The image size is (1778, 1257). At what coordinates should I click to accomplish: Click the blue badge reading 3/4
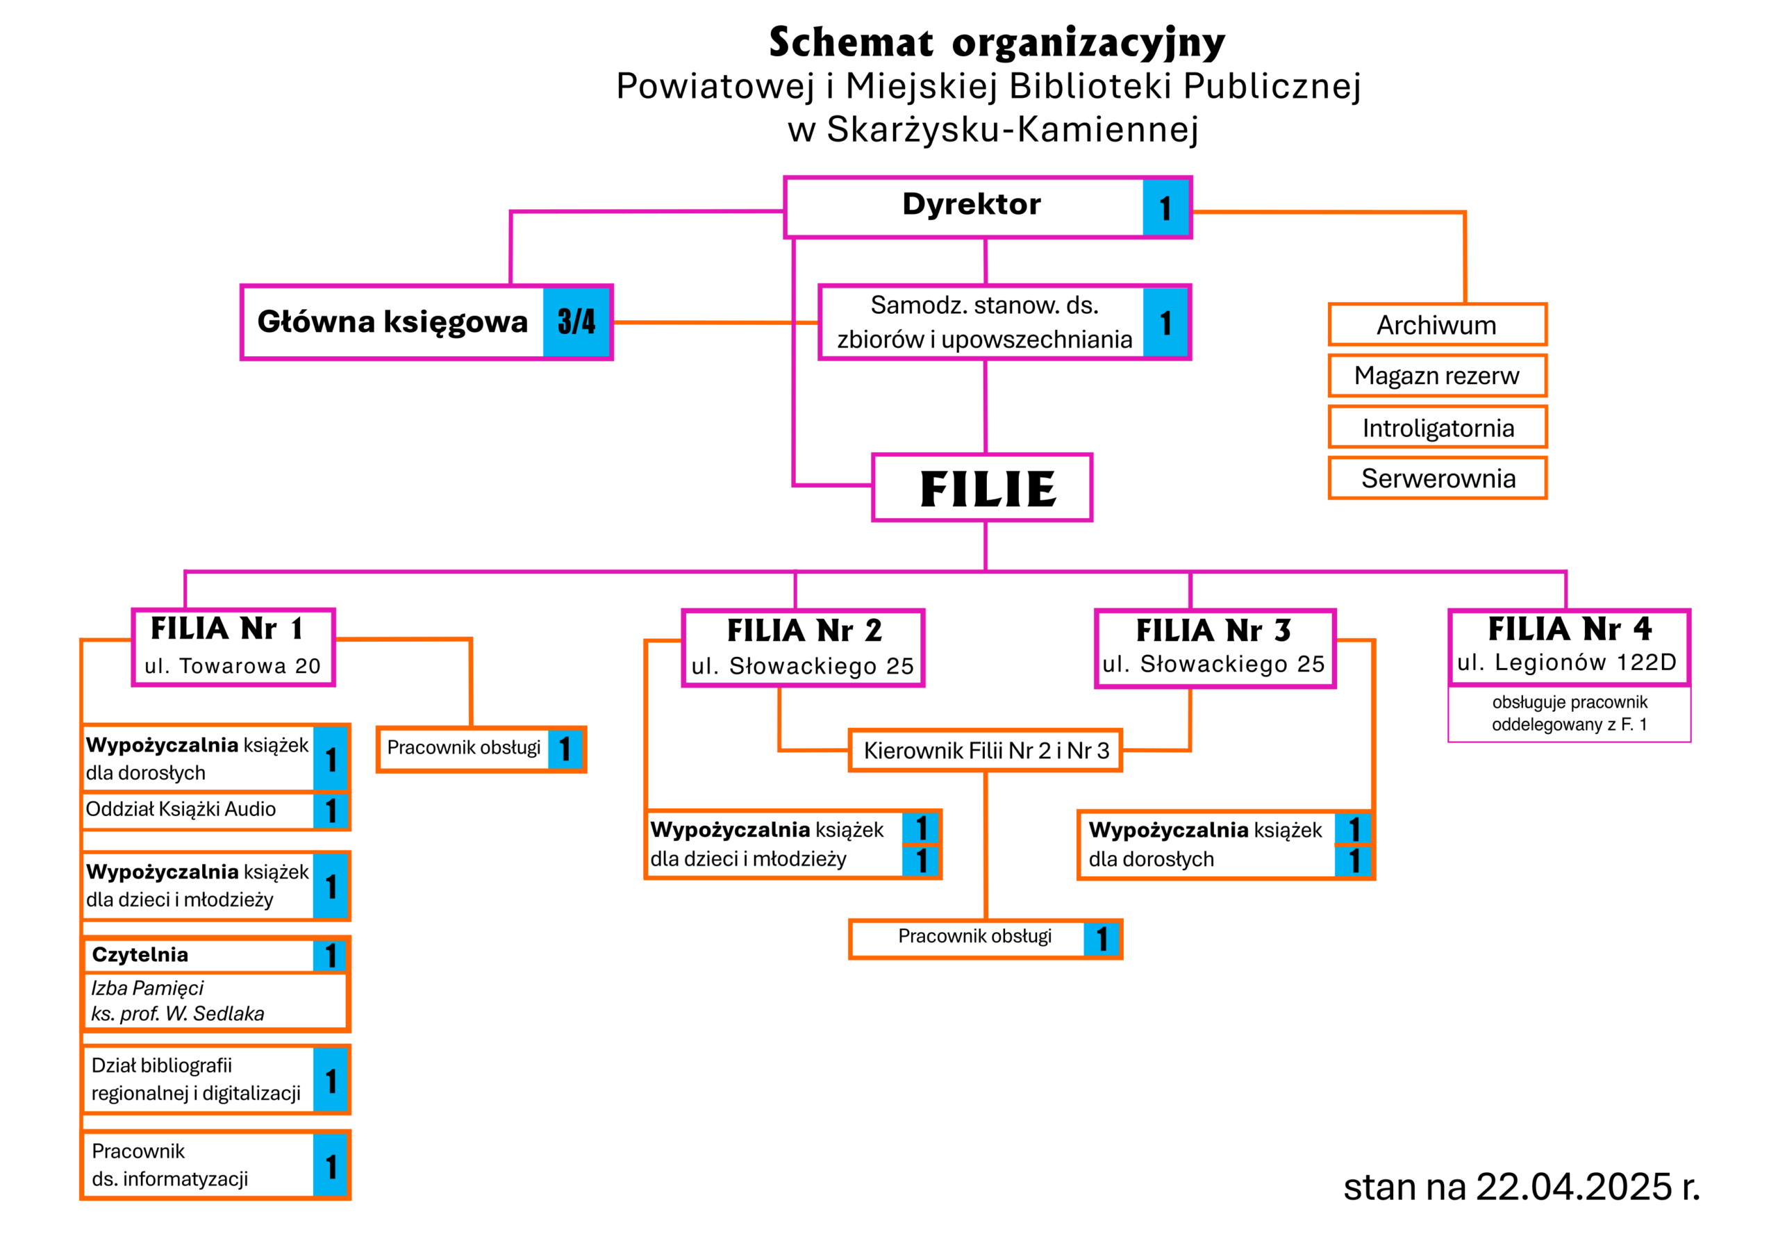click(576, 322)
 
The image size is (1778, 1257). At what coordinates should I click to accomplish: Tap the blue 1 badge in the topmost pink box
click(1165, 208)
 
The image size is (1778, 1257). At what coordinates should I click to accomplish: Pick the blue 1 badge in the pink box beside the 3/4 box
click(1165, 322)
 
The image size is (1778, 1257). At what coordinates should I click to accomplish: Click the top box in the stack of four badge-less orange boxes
click(1437, 324)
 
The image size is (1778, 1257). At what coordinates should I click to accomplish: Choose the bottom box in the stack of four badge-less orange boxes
click(1437, 478)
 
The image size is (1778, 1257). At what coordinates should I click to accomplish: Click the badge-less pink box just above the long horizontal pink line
click(982, 487)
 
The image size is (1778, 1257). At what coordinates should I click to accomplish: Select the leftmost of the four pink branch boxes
click(234, 647)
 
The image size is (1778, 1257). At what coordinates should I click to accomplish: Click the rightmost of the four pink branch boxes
click(1570, 647)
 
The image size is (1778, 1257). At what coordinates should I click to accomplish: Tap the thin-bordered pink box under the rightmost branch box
click(1570, 714)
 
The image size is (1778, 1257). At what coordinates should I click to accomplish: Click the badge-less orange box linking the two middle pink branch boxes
click(985, 750)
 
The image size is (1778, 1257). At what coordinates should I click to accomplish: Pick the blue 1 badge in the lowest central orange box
click(1102, 939)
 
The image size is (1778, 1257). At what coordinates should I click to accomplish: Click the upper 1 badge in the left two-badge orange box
click(920, 828)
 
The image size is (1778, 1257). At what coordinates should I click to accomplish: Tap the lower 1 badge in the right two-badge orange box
click(1353, 861)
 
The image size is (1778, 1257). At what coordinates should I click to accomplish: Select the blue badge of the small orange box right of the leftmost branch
click(565, 749)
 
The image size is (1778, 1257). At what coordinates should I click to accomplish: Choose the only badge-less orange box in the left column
click(215, 1001)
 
